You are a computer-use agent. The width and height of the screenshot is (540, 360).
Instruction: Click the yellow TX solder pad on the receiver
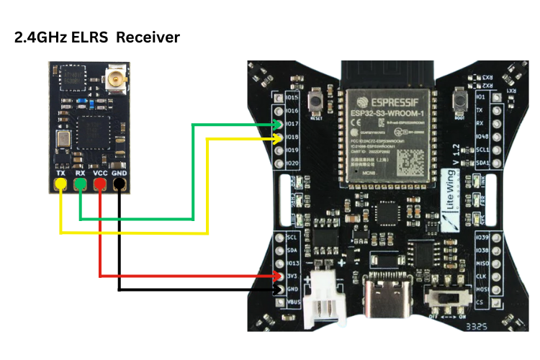pos(61,186)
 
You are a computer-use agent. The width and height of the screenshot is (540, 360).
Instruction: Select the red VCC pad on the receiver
pos(99,186)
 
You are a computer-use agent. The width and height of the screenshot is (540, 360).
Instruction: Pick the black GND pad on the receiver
pos(119,186)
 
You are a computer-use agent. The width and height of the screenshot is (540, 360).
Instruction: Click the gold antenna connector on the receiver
pos(114,77)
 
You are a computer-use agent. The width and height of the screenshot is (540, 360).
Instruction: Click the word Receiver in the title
pos(144,37)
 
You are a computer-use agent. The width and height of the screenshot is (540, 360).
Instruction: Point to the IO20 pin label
pos(292,163)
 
